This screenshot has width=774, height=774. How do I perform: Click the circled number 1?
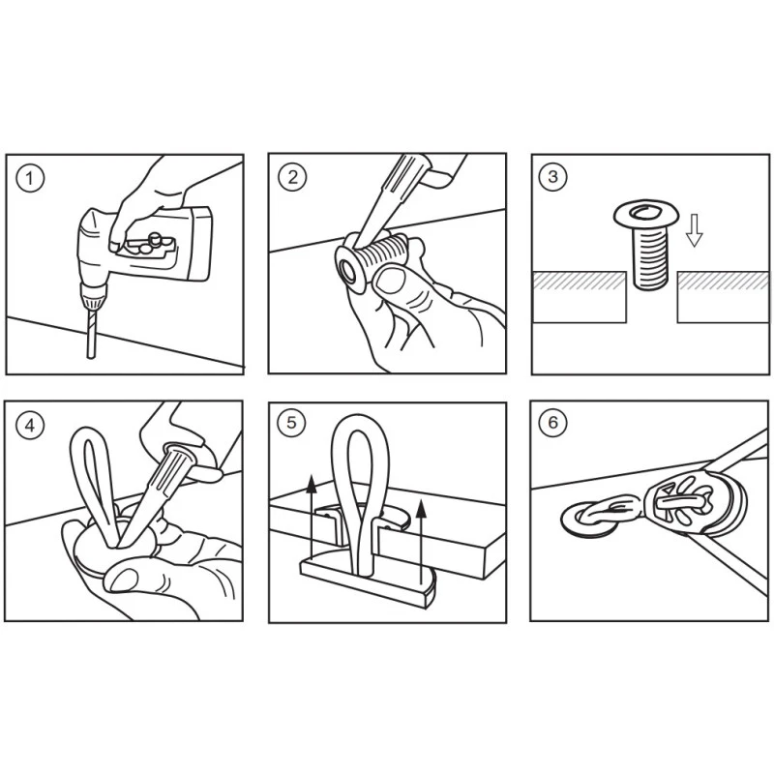(30, 178)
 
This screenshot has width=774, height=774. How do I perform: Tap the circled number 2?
(293, 177)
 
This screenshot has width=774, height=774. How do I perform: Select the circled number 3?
(552, 176)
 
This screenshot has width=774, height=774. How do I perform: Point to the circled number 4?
(30, 425)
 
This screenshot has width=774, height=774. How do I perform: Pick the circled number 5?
(292, 423)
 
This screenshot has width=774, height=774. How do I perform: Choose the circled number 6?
(552, 422)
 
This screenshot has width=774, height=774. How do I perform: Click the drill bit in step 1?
(91, 332)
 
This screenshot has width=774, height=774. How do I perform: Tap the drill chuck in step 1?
(92, 294)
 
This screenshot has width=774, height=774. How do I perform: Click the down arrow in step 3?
(695, 230)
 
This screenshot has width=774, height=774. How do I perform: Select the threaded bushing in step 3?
(646, 244)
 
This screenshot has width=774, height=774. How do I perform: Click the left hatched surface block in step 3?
(580, 297)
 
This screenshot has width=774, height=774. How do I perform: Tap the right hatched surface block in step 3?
(723, 297)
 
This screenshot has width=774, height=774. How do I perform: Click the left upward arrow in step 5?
(311, 516)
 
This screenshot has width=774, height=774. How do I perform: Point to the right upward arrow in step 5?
(421, 542)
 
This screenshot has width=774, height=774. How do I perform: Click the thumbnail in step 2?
(390, 281)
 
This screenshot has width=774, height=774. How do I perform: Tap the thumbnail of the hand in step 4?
(124, 580)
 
